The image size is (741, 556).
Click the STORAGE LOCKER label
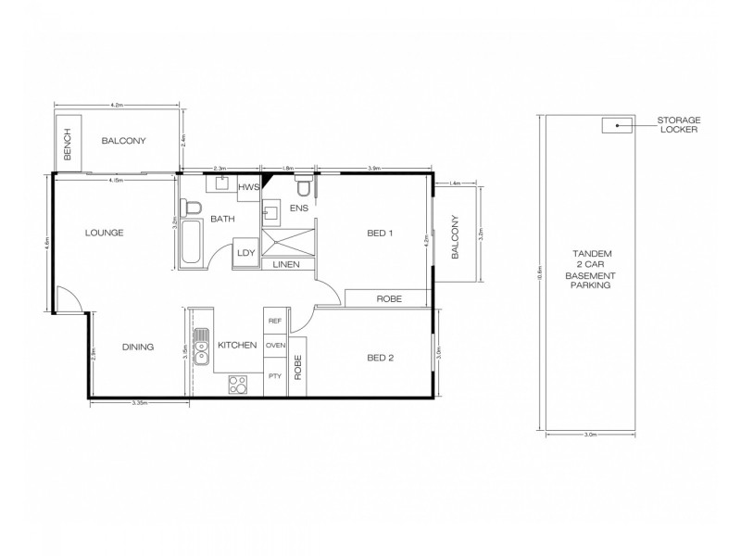tap(679, 124)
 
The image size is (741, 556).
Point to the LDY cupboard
tap(246, 252)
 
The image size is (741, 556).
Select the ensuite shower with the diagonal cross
tap(287, 243)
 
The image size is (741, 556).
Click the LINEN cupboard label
tap(287, 264)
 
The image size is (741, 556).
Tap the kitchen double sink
tap(200, 347)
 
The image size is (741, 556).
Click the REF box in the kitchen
tap(274, 320)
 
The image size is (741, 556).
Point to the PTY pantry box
tap(274, 377)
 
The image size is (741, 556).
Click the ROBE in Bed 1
tap(386, 298)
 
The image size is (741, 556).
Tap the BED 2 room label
tap(381, 357)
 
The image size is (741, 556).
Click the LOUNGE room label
tap(106, 233)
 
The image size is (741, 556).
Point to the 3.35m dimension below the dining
tap(142, 405)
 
